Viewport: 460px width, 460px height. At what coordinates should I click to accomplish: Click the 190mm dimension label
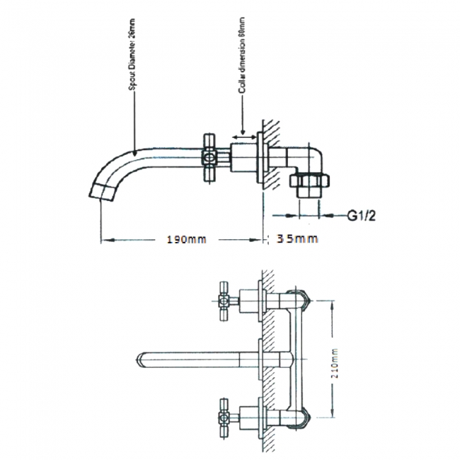186,239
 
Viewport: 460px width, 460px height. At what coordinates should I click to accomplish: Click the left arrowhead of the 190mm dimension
103,239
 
